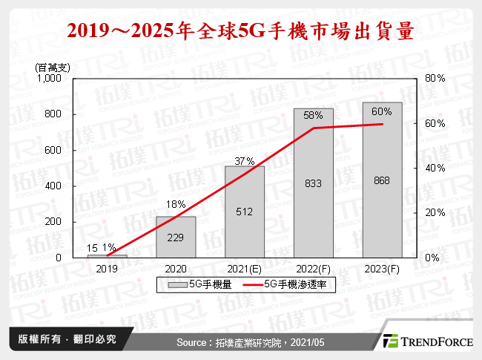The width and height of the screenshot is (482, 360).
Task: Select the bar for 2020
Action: click(x=175, y=237)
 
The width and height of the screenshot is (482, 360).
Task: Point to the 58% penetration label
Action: click(x=313, y=115)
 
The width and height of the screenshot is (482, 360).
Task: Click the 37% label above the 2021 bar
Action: click(x=245, y=160)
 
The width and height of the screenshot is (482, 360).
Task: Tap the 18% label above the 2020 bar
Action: click(x=176, y=203)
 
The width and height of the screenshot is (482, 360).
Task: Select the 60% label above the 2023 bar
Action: click(x=382, y=111)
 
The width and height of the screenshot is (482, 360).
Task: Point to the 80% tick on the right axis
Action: click(x=435, y=78)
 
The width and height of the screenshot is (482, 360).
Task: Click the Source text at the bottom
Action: click(x=239, y=341)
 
